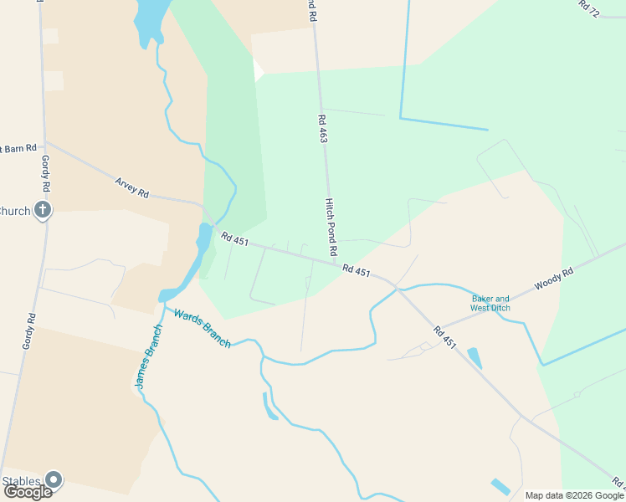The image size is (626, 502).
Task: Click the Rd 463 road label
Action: tap(322, 129)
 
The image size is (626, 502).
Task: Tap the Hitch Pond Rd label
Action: tap(331, 227)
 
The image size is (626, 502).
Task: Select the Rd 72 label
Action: tap(590, 8)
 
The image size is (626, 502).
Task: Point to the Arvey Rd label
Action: tap(131, 187)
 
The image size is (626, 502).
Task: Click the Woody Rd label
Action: tap(555, 279)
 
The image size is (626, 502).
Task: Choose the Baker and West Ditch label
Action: tap(490, 303)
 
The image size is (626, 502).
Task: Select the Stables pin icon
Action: tap(54, 479)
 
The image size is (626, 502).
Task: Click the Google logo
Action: tap(28, 492)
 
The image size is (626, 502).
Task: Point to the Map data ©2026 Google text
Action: tap(574, 495)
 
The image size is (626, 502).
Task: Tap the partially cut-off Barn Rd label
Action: tap(18, 148)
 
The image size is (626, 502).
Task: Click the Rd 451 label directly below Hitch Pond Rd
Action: tap(356, 270)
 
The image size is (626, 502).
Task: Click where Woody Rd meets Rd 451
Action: tap(438, 327)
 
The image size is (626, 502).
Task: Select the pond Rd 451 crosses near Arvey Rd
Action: tap(203, 238)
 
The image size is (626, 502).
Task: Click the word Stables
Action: tap(21, 480)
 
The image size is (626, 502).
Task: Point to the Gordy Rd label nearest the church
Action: tap(44, 173)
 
